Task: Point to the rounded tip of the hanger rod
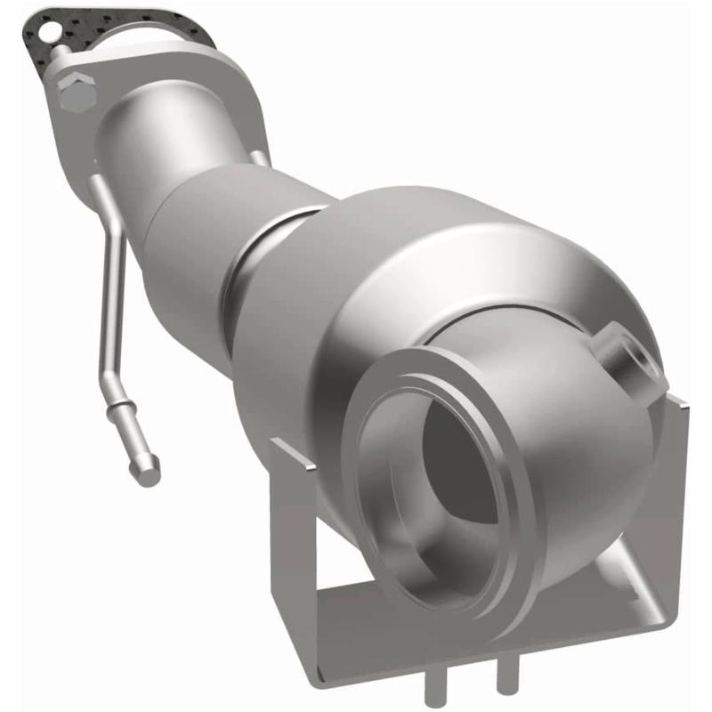coord(151,465)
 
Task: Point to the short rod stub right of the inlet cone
coord(258,158)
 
